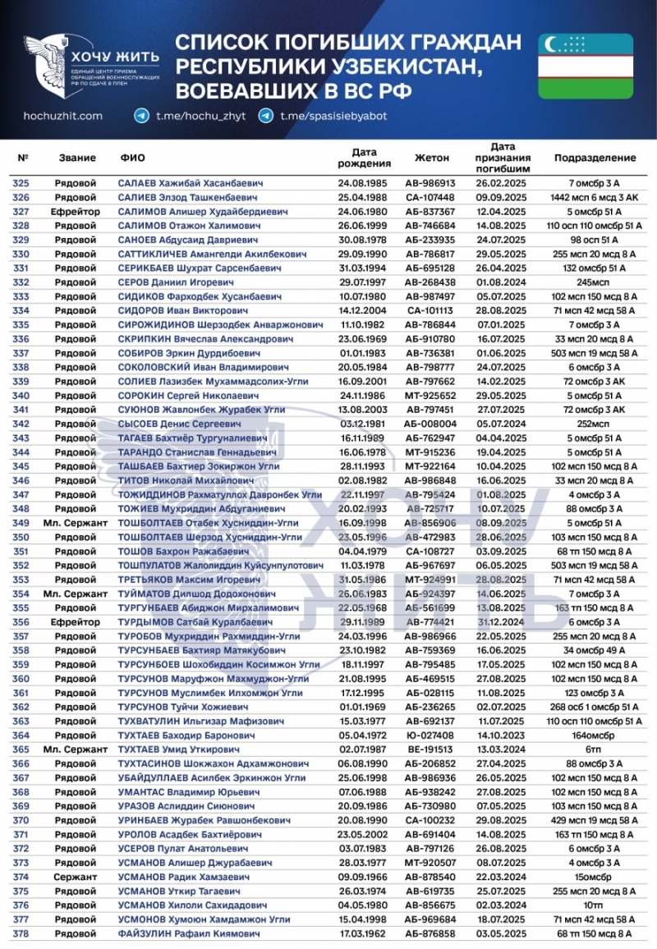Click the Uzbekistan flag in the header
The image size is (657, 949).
point(585,66)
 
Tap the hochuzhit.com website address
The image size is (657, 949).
point(63,117)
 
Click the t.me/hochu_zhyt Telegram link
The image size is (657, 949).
point(194,117)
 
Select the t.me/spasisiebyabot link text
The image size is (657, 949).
point(333,117)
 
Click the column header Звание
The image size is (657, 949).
point(78,158)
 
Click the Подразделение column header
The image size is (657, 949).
point(595,158)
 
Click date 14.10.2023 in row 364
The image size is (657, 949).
point(500,736)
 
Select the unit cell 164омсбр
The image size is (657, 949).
point(595,736)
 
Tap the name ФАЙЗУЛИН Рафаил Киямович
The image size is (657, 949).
point(189,934)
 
